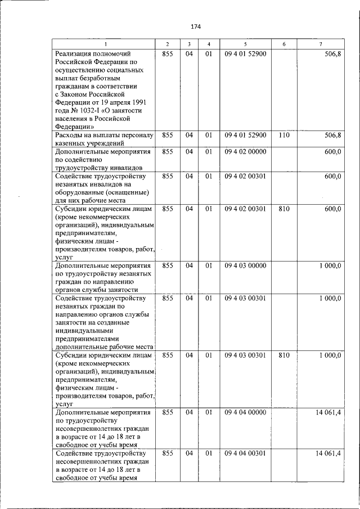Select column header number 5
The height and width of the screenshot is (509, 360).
point(245,44)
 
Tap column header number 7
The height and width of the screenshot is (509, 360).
point(321,44)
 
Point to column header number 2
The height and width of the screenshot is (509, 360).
point(167,44)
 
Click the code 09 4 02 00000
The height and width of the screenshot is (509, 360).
point(245,152)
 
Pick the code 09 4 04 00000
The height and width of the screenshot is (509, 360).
point(245,413)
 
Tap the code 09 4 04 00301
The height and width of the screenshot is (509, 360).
point(245,453)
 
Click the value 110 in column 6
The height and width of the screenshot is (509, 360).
point(284,136)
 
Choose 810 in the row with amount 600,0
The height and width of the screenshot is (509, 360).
point(284,209)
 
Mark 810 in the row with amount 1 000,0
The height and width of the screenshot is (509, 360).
point(284,355)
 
